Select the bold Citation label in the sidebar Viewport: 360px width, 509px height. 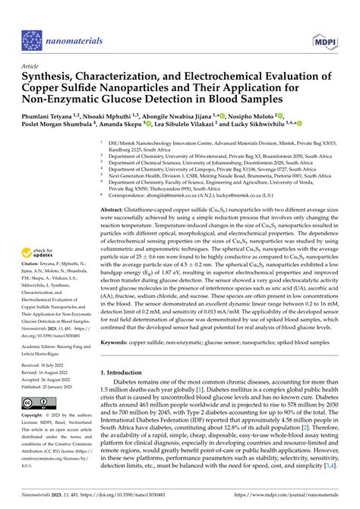point(33,238)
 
